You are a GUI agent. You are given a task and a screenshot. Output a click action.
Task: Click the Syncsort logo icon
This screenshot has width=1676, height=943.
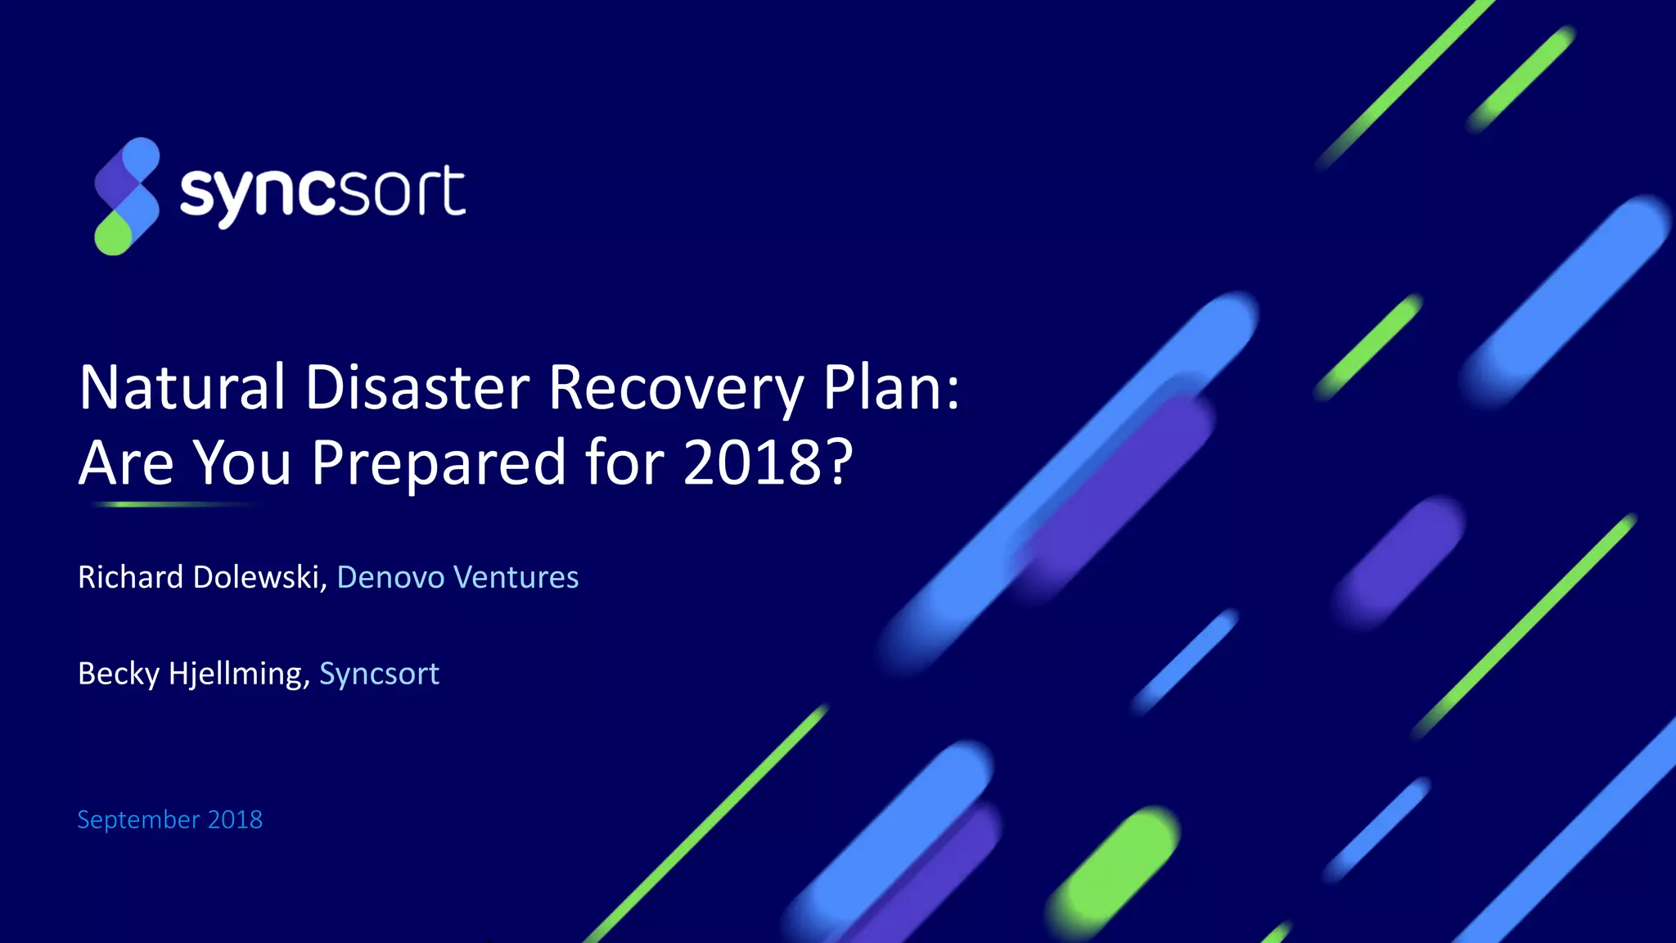click(x=127, y=196)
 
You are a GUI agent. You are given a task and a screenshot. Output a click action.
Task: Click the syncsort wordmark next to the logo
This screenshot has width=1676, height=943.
click(x=322, y=193)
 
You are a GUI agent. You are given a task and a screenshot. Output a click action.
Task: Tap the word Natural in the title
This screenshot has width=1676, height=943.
click(x=182, y=387)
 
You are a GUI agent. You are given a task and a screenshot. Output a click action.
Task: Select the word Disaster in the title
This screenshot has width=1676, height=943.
click(x=417, y=387)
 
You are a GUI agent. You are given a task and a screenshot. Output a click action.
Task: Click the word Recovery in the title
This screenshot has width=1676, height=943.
click(x=676, y=389)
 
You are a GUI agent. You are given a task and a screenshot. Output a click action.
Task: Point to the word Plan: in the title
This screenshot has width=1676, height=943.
click(x=890, y=387)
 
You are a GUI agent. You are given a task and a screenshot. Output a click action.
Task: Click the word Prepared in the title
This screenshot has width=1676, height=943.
click(x=439, y=462)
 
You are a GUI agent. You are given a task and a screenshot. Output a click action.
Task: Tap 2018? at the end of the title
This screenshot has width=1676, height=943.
click(x=768, y=462)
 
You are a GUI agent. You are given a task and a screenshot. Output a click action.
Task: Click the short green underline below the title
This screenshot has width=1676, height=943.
click(x=172, y=505)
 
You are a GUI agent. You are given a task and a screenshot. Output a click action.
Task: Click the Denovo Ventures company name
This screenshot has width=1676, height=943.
click(x=457, y=577)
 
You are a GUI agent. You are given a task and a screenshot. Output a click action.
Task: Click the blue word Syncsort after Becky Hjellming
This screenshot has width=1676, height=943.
click(x=379, y=674)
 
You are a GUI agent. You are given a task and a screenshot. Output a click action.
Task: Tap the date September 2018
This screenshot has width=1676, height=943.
click(x=169, y=819)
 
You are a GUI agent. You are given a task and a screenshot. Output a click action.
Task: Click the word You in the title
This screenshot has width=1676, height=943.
click(x=242, y=462)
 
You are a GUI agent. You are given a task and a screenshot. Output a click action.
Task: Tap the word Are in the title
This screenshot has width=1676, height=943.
click(x=126, y=462)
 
